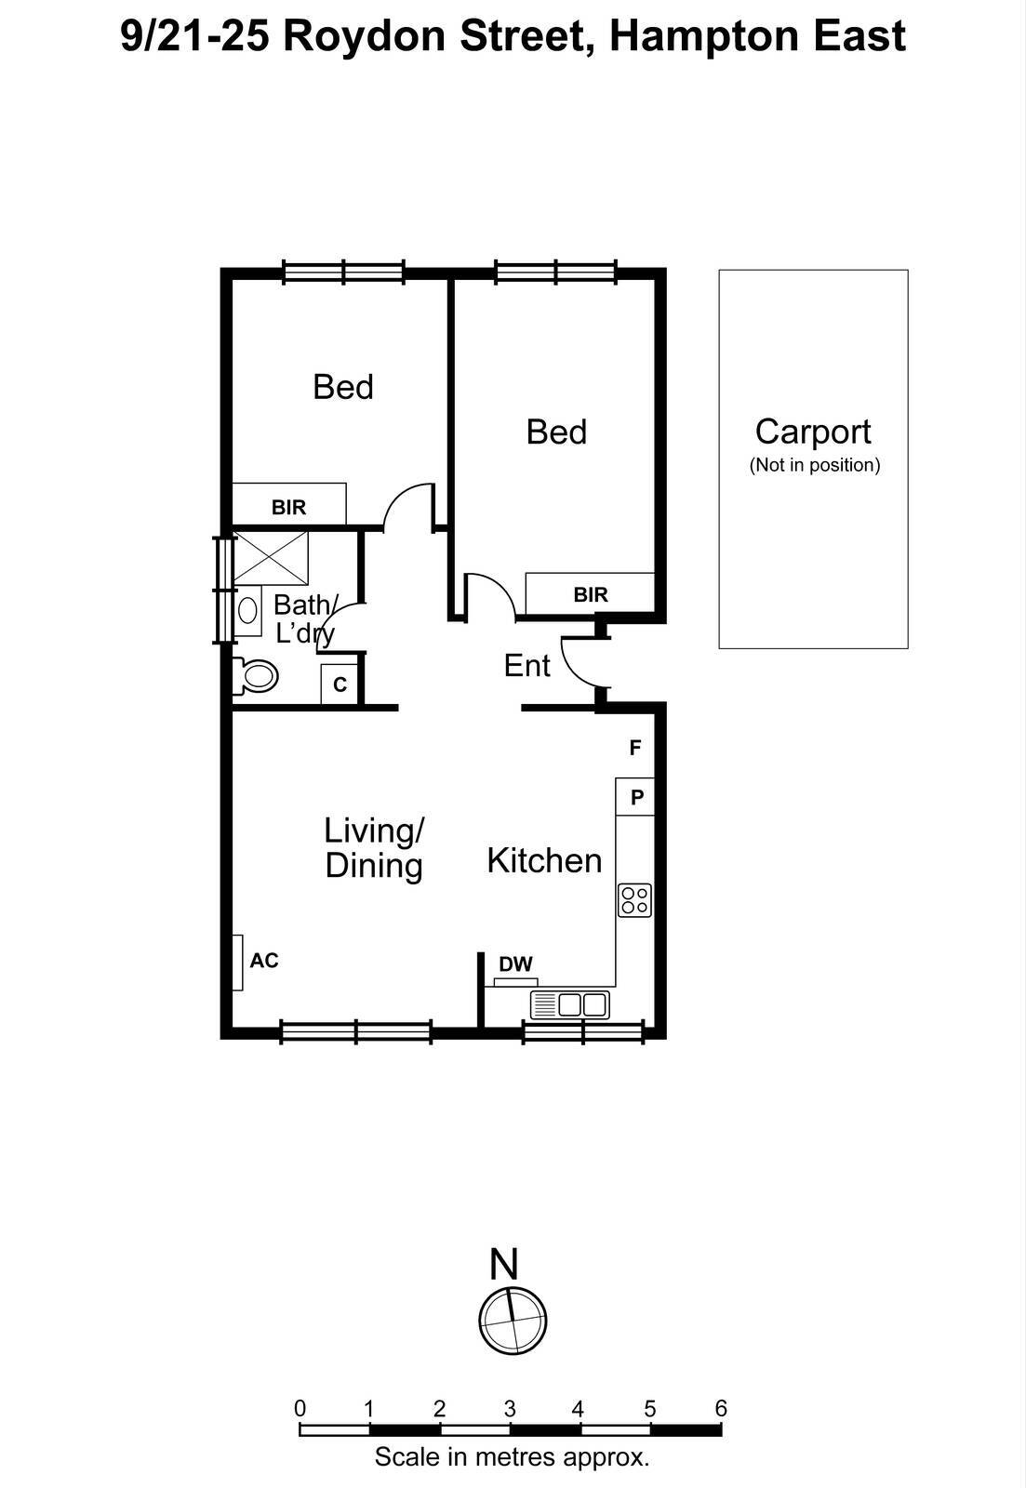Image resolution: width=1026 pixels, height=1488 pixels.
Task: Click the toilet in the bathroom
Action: (x=256, y=675)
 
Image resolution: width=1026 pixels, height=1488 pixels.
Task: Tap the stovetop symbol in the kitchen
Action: (x=635, y=900)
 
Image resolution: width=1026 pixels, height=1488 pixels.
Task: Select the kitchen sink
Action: (x=570, y=1004)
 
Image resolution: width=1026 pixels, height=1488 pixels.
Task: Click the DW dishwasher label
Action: (x=515, y=964)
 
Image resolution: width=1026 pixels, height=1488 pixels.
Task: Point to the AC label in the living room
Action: (x=264, y=961)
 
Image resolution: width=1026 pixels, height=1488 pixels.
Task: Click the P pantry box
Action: (x=636, y=797)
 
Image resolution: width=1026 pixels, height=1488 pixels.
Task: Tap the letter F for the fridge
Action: (x=635, y=748)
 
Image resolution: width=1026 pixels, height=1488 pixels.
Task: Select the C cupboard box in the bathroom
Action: (x=340, y=684)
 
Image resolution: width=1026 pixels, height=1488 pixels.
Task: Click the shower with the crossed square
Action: (x=270, y=556)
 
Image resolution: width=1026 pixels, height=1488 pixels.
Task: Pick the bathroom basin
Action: (x=247, y=610)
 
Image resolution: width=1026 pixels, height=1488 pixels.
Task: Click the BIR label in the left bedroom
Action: (x=288, y=508)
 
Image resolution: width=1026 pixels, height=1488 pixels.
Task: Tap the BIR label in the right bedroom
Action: (x=591, y=595)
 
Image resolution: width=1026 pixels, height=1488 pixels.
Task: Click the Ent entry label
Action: (x=526, y=666)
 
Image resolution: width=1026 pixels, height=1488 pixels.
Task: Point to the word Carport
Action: (x=813, y=432)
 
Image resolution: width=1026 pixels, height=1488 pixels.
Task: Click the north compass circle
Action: (x=513, y=1321)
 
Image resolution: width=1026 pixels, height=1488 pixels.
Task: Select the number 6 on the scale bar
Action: (x=721, y=1408)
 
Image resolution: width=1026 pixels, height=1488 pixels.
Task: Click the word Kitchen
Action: (x=544, y=860)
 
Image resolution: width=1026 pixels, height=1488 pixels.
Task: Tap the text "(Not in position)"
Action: (x=814, y=465)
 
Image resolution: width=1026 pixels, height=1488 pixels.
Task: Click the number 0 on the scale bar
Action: (x=300, y=1408)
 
